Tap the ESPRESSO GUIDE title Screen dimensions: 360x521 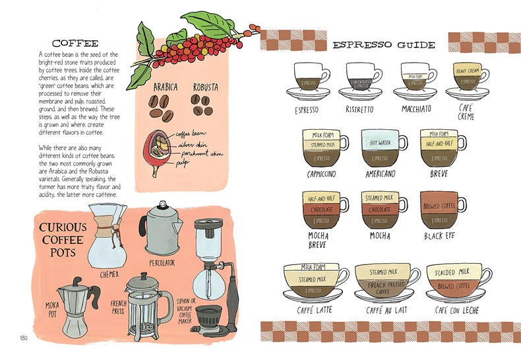pos(383,45)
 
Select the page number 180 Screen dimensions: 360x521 pos(24,339)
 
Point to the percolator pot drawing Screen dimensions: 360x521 pos(160,227)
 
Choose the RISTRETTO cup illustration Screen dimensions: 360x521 pos(359,82)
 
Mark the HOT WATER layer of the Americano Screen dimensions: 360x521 pos(379,142)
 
